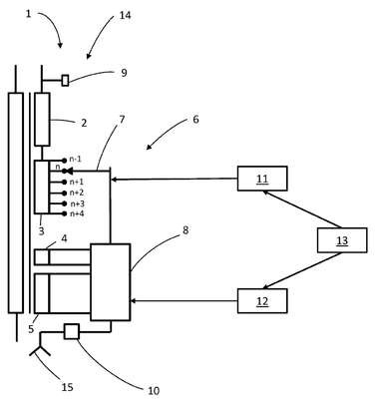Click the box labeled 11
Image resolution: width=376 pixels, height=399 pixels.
[x=262, y=179]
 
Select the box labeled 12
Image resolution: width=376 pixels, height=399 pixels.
[x=262, y=301]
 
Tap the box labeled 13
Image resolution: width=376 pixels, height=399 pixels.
[x=342, y=240]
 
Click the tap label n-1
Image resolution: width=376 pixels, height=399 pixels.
[x=76, y=160]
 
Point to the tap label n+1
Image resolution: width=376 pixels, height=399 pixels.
[x=76, y=182]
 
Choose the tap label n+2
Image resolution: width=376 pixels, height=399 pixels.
[x=77, y=193]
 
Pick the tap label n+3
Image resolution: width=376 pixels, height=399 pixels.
[x=77, y=203]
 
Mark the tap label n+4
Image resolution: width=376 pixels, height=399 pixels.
[x=77, y=213]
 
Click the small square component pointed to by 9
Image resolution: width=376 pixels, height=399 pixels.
[x=65, y=81]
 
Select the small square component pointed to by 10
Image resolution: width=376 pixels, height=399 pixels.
[x=72, y=331]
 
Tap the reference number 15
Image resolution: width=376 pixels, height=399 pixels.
[x=67, y=387]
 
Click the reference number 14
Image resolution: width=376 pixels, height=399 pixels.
[x=125, y=15]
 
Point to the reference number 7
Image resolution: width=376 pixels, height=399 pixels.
[x=122, y=119]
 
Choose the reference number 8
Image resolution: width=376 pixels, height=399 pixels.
[x=186, y=230]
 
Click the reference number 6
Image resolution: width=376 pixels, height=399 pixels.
[x=195, y=119]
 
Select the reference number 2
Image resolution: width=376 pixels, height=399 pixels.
[x=84, y=123]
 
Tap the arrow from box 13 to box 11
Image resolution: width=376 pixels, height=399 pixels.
[x=301, y=209]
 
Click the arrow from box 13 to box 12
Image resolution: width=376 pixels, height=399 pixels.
[x=301, y=270]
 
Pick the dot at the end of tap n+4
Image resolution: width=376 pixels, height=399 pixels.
[x=64, y=213]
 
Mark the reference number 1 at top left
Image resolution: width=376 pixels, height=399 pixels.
[x=28, y=14]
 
